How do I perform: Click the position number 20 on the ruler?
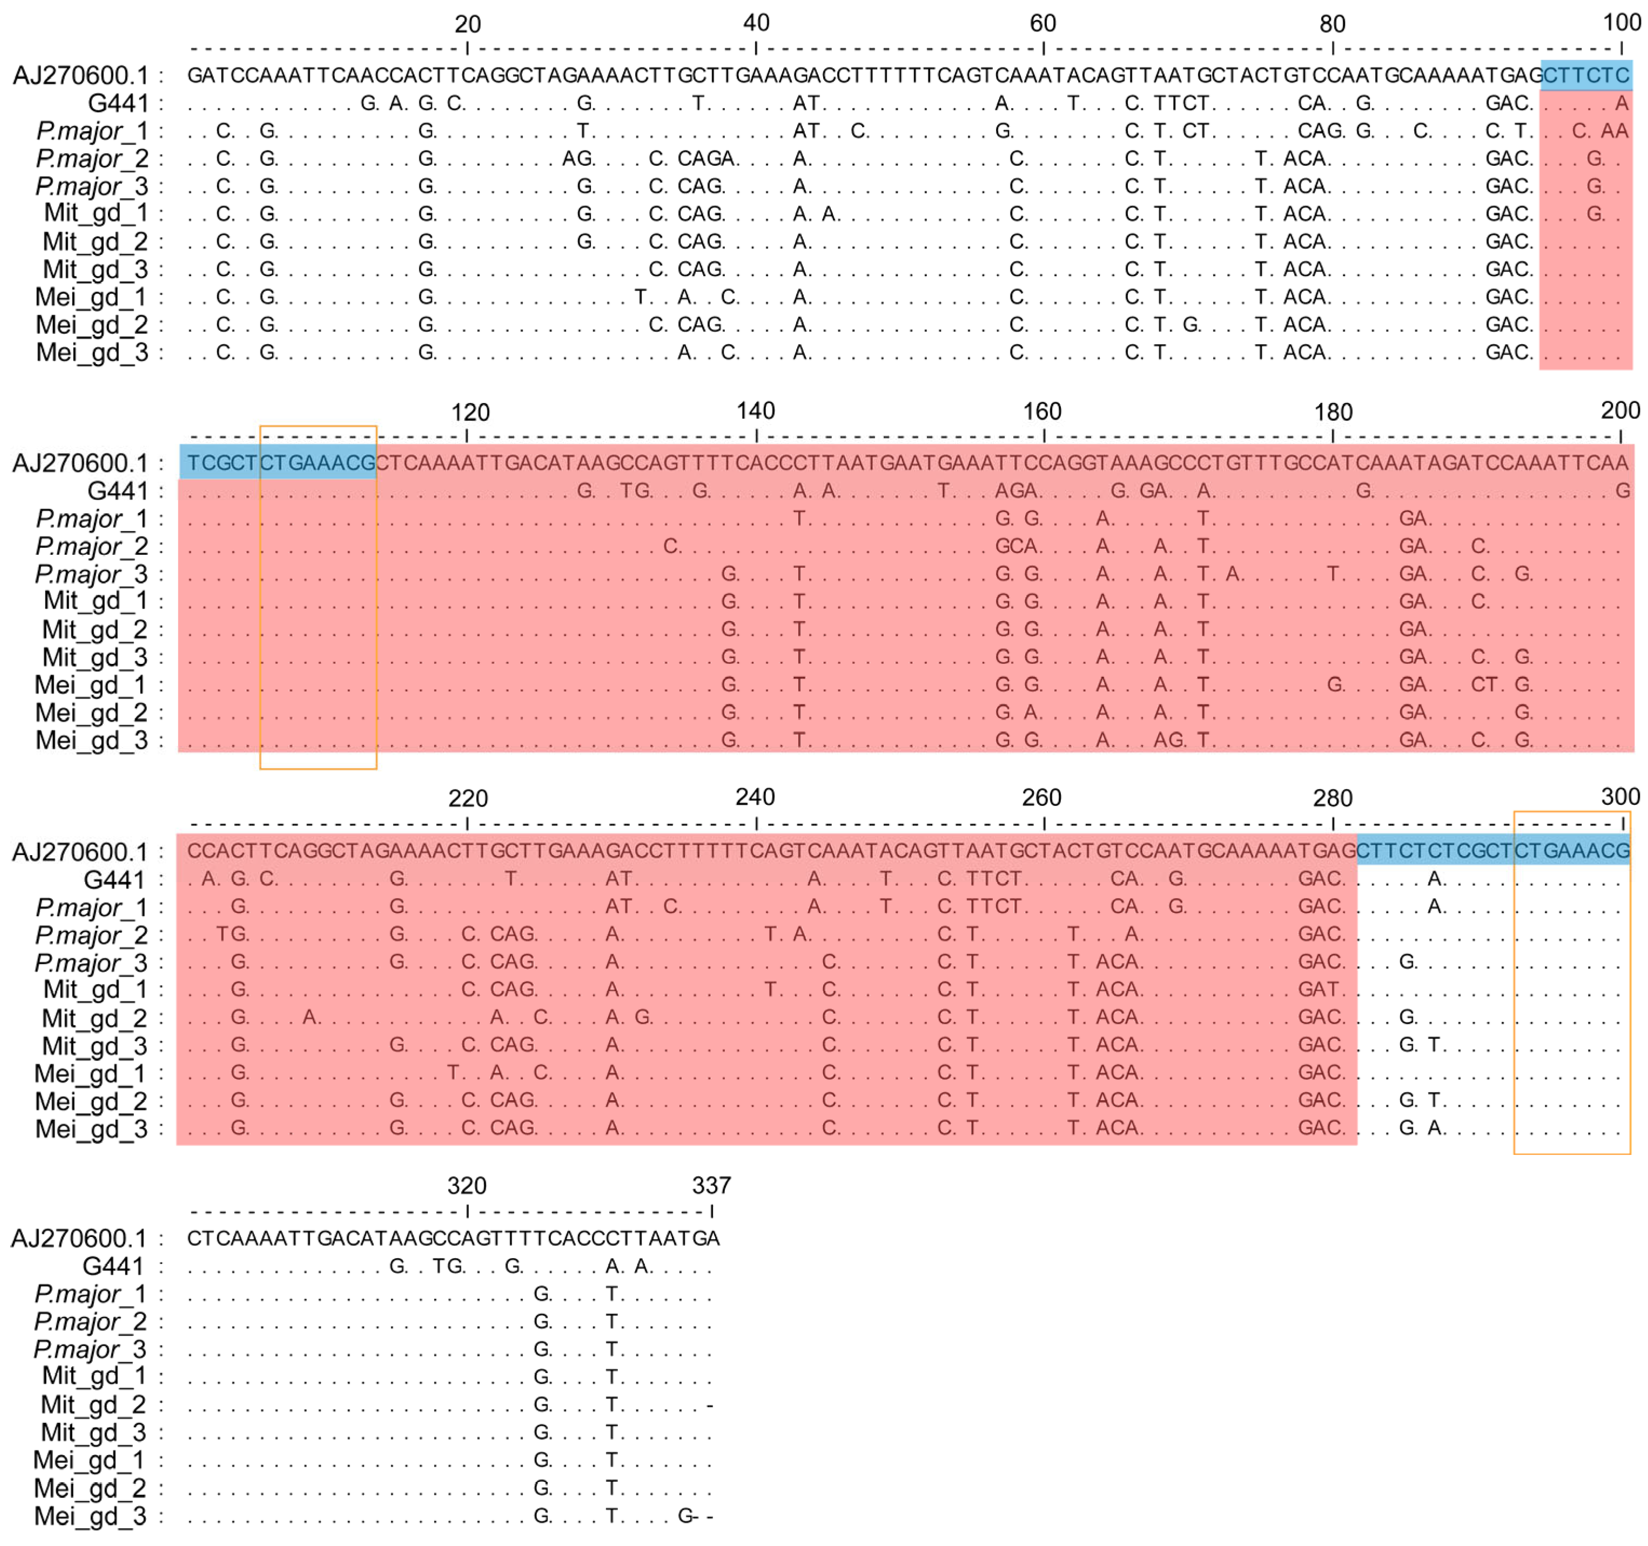point(468,24)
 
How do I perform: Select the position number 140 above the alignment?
point(755,411)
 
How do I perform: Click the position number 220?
point(468,798)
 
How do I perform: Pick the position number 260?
point(1041,797)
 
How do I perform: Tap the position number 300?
point(1620,797)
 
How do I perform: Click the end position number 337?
point(711,1185)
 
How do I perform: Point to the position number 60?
point(1043,23)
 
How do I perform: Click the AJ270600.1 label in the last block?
point(79,1239)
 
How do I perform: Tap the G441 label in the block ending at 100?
point(118,104)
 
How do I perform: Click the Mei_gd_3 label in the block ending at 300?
point(91,1129)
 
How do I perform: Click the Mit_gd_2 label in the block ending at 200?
point(95,630)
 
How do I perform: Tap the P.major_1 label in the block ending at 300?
point(91,908)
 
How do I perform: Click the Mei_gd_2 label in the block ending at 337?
point(90,1488)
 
